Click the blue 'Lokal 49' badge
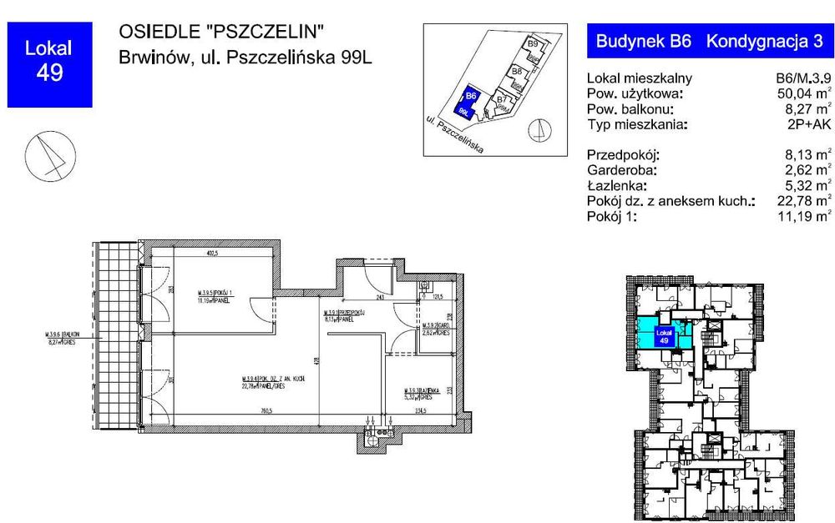click(x=48, y=64)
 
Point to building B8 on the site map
click(x=517, y=73)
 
